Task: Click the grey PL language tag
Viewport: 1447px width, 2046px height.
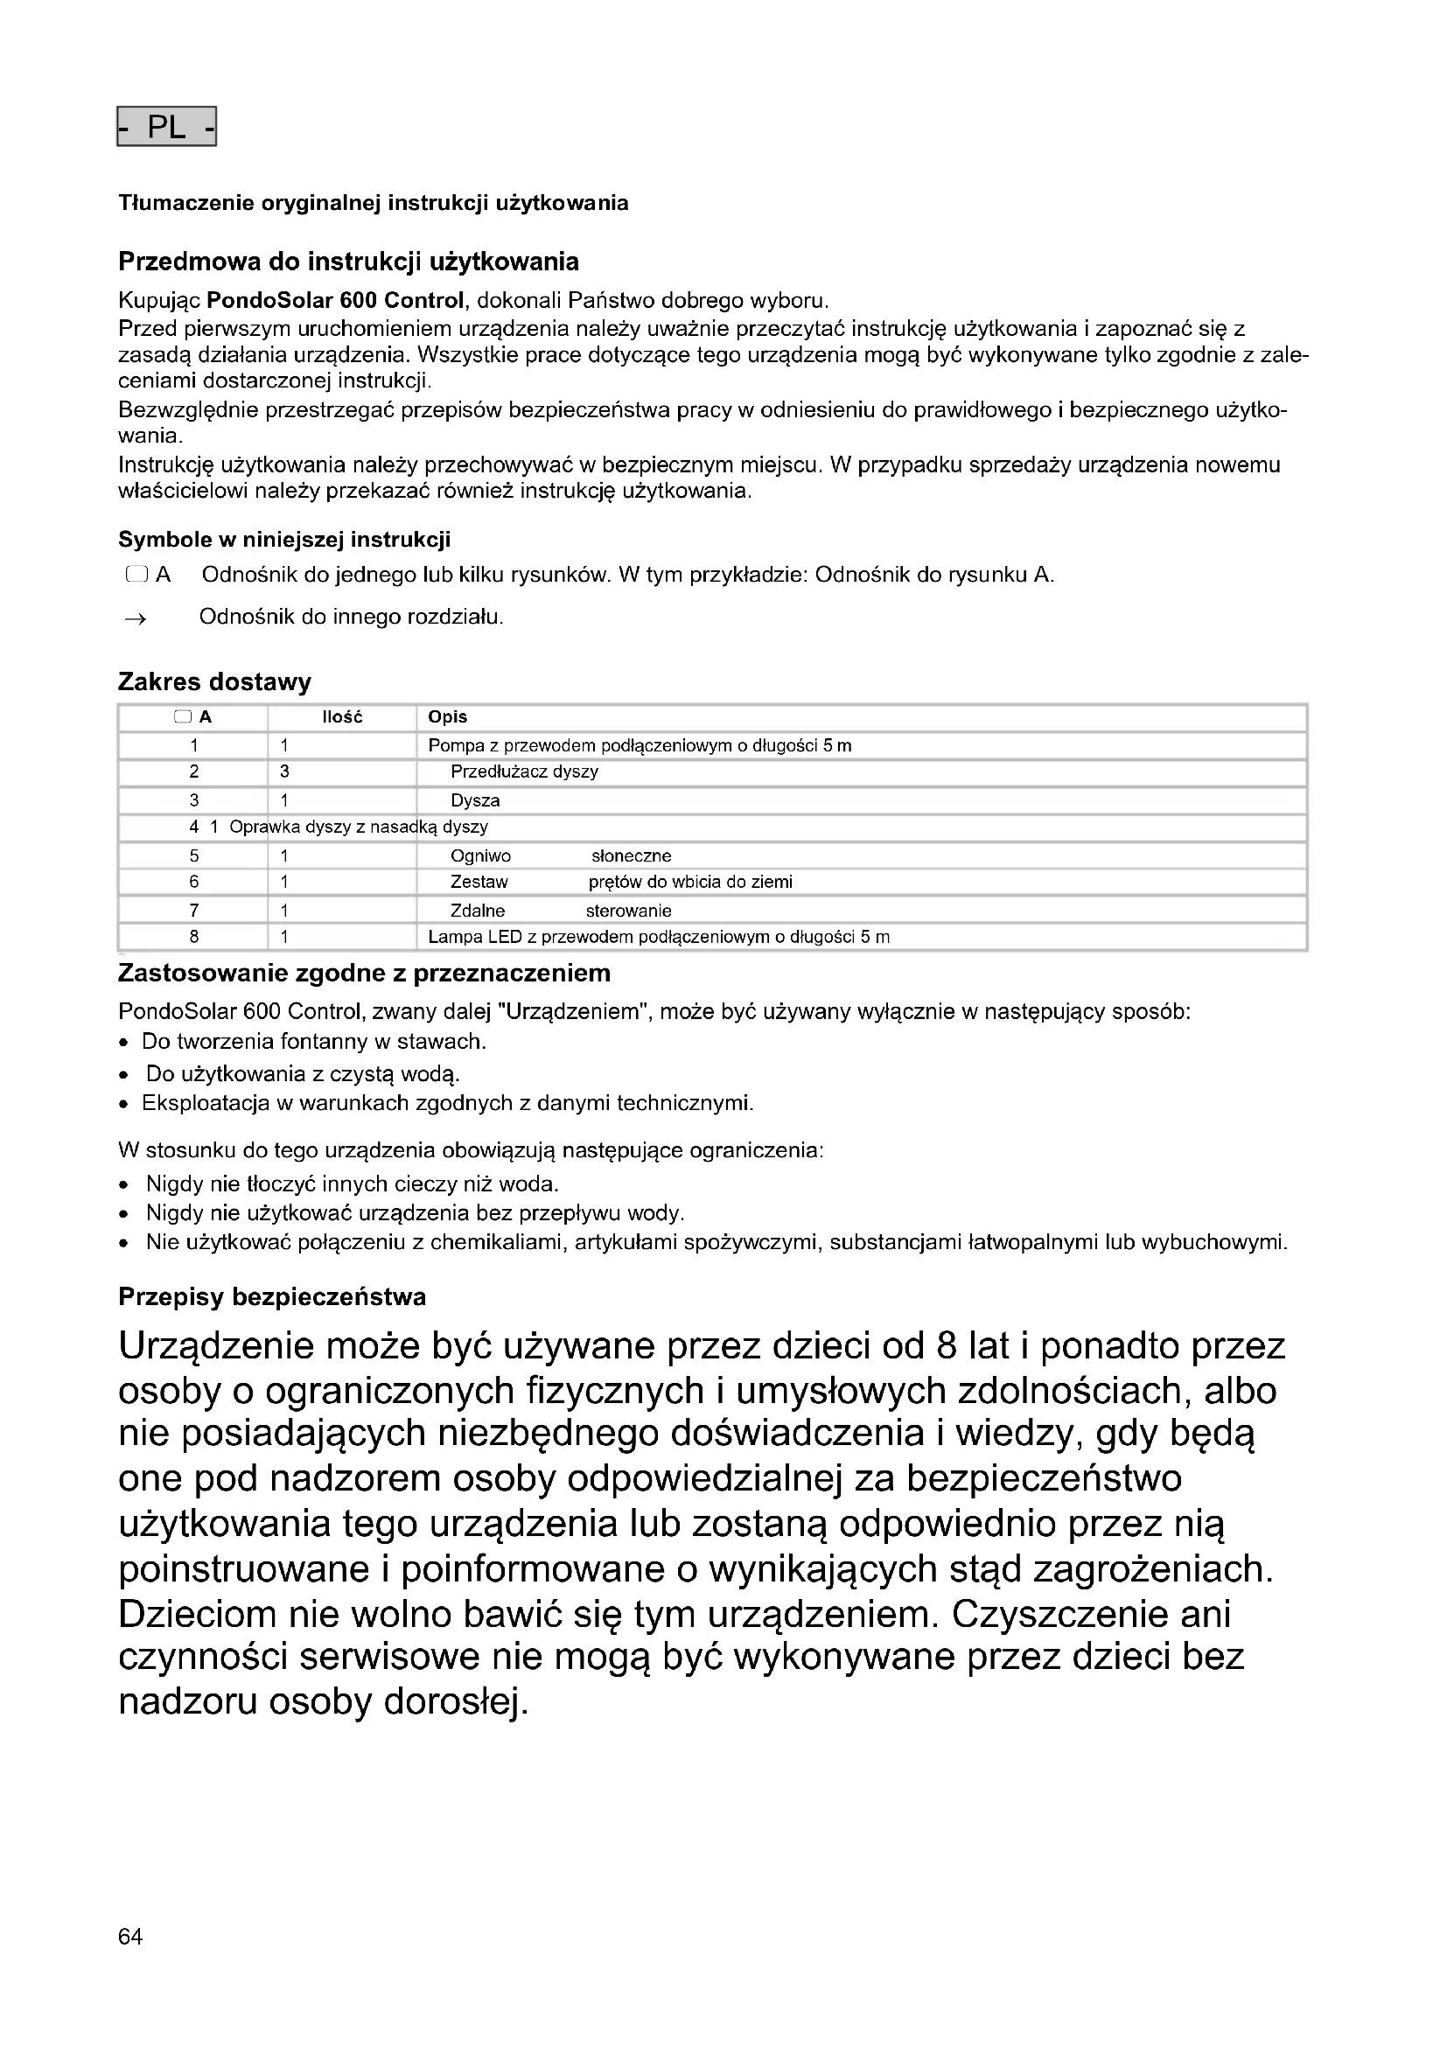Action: point(166,127)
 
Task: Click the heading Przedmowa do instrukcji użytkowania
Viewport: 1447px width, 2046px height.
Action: point(348,262)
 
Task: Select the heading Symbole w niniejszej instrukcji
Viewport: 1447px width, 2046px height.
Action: point(284,540)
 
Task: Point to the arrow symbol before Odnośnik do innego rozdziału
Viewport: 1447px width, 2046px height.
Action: point(136,618)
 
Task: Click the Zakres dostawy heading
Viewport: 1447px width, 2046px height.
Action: point(214,682)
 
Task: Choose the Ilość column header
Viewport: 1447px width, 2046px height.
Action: point(342,717)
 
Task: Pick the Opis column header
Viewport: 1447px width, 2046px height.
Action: point(447,717)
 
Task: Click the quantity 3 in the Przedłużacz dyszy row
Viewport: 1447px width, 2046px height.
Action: point(284,772)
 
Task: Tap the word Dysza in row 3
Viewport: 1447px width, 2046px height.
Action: point(475,800)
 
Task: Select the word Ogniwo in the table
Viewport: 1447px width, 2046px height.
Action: point(480,856)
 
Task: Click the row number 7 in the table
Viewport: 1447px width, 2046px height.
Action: point(194,911)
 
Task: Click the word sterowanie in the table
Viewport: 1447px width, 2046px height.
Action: point(628,911)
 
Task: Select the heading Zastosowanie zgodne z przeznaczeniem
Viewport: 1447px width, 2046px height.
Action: point(365,973)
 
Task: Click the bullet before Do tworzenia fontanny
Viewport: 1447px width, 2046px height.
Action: point(124,1044)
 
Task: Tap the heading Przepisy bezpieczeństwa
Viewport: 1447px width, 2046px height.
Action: point(272,1296)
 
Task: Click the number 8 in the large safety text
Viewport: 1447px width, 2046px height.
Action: point(947,1346)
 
